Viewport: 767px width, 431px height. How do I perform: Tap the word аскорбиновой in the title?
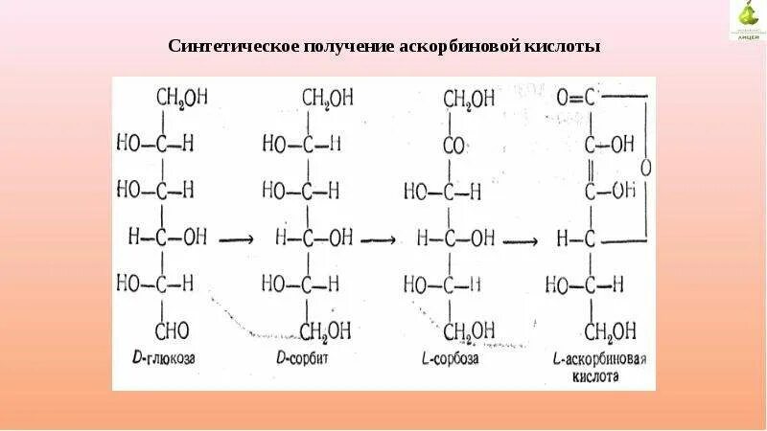461,47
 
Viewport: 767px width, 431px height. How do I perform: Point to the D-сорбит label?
302,359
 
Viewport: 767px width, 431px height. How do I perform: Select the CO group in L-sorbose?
453,145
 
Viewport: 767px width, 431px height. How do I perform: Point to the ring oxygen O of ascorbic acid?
645,167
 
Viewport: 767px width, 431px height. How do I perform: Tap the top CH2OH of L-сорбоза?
469,98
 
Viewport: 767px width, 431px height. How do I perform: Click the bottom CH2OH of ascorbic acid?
612,330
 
